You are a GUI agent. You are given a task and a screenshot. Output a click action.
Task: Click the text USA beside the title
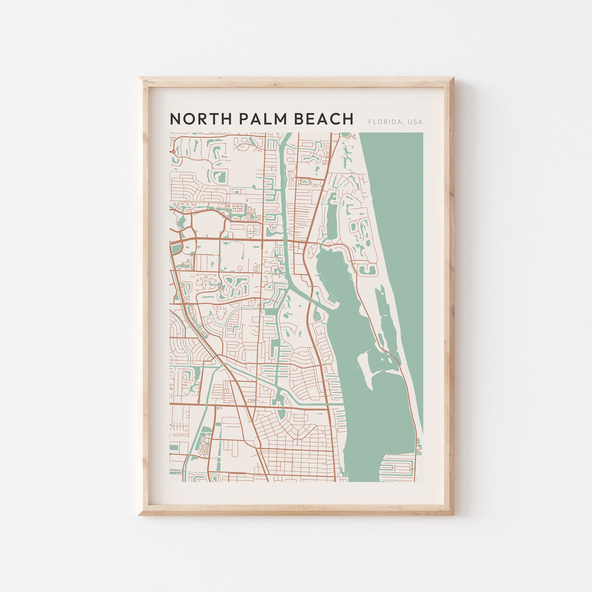[x=415, y=122]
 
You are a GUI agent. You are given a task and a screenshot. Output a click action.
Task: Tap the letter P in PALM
[x=243, y=119]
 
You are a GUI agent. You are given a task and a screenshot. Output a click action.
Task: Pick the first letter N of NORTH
[x=175, y=119]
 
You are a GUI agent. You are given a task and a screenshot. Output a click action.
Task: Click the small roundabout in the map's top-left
[x=174, y=151]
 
